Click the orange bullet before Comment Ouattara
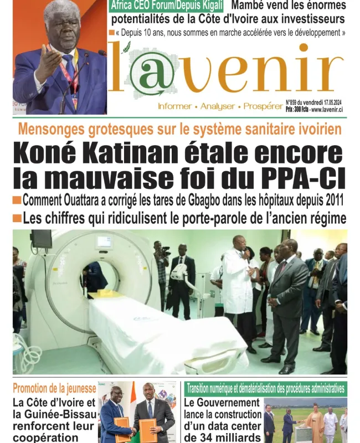tap(17, 199)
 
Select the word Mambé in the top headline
tap(250, 6)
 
